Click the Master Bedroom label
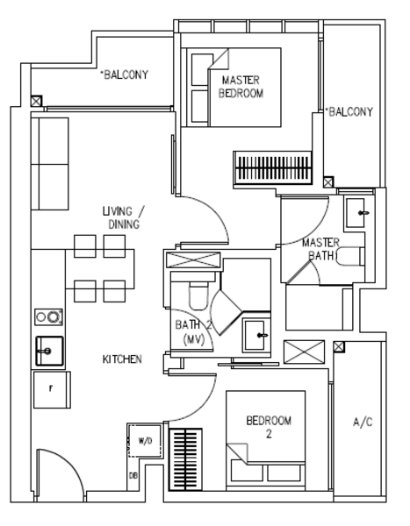pyautogui.click(x=241, y=87)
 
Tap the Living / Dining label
pyautogui.click(x=123, y=217)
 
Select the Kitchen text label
pyautogui.click(x=122, y=359)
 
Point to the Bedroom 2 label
pyautogui.click(x=269, y=427)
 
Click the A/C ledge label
pyautogui.click(x=363, y=422)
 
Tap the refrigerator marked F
pyautogui.click(x=52, y=389)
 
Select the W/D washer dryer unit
pyautogui.click(x=145, y=441)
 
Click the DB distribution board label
pyautogui.click(x=133, y=476)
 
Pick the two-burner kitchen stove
pyautogui.click(x=49, y=317)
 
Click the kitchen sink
pyautogui.click(x=49, y=351)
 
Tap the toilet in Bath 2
pyautogui.click(x=198, y=295)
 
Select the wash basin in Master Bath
pyautogui.click(x=356, y=213)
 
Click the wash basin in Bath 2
pyautogui.click(x=255, y=335)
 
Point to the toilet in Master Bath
pyautogui.click(x=349, y=257)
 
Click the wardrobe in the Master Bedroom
pyautogui.click(x=272, y=168)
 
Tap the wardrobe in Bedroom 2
pyautogui.click(x=185, y=459)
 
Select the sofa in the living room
pyautogui.click(x=50, y=164)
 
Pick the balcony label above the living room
pyautogui.click(x=125, y=75)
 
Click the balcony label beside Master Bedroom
pyautogui.click(x=349, y=111)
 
